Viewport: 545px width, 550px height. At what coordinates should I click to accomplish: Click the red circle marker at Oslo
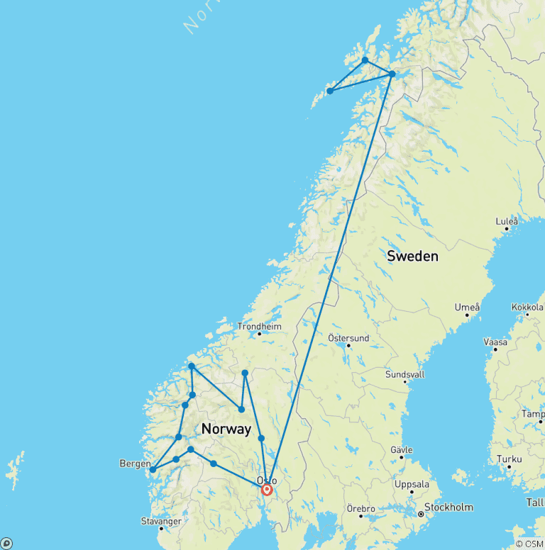(x=267, y=489)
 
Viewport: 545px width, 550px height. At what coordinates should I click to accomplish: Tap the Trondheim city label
(x=259, y=327)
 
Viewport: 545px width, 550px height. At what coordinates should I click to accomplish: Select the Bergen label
(x=135, y=464)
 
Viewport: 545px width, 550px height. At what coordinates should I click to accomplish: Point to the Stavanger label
(x=160, y=521)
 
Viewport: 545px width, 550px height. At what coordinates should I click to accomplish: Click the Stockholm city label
(x=448, y=507)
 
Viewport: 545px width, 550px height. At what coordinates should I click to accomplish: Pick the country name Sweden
(x=412, y=256)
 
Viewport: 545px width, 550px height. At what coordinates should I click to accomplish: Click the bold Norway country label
(x=226, y=429)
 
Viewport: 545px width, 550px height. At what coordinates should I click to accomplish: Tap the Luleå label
(x=507, y=221)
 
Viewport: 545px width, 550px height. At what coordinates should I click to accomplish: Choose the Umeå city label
(x=468, y=307)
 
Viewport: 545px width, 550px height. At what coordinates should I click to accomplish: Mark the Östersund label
(x=348, y=338)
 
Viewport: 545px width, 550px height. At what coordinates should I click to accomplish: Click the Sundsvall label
(x=404, y=374)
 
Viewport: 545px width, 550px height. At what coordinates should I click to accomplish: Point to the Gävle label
(x=401, y=450)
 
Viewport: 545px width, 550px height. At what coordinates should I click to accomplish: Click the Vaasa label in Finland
(x=495, y=342)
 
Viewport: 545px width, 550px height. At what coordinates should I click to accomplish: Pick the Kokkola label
(x=527, y=307)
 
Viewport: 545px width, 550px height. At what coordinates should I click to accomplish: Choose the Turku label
(x=509, y=459)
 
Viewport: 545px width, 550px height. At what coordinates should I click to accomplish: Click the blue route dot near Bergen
(x=153, y=469)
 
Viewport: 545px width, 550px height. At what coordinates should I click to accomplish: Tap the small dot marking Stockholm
(x=420, y=514)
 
